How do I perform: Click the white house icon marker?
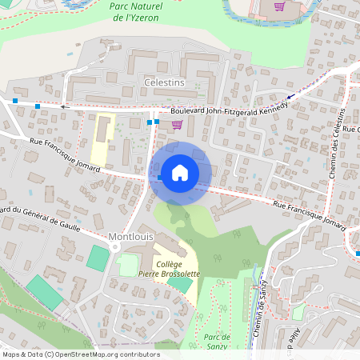point(180,172)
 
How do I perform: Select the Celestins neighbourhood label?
point(164,82)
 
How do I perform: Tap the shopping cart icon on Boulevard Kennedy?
point(176,124)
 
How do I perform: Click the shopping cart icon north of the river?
point(279,6)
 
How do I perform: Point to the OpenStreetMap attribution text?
point(80,354)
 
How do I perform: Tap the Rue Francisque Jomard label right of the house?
point(308,214)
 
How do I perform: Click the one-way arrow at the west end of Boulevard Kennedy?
point(64,106)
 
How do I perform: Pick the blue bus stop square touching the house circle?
point(161,177)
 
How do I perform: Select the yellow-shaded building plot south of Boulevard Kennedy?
point(102,138)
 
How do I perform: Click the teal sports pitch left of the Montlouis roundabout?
point(98,258)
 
